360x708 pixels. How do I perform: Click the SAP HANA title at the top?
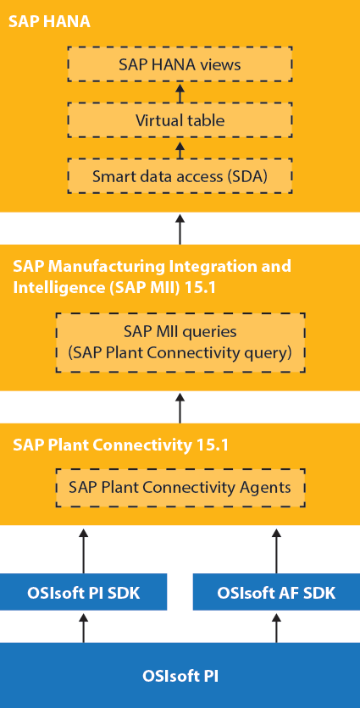pos(49,21)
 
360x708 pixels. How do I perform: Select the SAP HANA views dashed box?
pos(180,64)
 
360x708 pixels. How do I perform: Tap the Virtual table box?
pos(180,120)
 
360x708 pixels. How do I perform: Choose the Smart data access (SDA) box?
pos(180,176)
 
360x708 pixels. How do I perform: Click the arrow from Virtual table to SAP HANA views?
pos(180,92)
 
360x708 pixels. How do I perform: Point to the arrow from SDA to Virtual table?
pos(180,149)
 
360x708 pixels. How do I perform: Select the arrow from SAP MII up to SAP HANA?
pos(180,230)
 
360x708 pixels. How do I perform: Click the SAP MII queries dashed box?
pos(180,343)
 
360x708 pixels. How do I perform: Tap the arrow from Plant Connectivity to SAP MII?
pos(180,407)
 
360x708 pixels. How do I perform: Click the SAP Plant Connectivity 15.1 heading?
pos(120,445)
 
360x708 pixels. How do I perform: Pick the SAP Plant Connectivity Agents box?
pos(180,488)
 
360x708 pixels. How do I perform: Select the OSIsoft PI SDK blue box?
pos(84,592)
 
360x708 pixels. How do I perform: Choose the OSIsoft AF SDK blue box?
pos(276,592)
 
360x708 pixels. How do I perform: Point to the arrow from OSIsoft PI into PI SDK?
pos(84,628)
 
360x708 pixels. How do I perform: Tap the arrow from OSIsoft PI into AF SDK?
pos(276,628)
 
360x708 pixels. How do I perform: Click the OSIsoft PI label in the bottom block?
pos(180,676)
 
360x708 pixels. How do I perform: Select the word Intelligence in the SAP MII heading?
pos(55,288)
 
